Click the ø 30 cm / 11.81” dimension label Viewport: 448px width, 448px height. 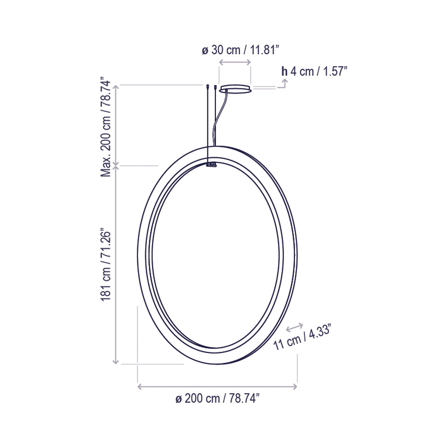[241, 50]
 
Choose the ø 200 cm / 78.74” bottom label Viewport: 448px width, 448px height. [218, 398]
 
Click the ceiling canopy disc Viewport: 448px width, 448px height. [235, 88]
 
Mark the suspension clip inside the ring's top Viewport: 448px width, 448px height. [211, 165]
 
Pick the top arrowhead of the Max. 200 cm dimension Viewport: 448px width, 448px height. [116, 87]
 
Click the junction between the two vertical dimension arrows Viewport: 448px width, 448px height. [116, 166]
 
